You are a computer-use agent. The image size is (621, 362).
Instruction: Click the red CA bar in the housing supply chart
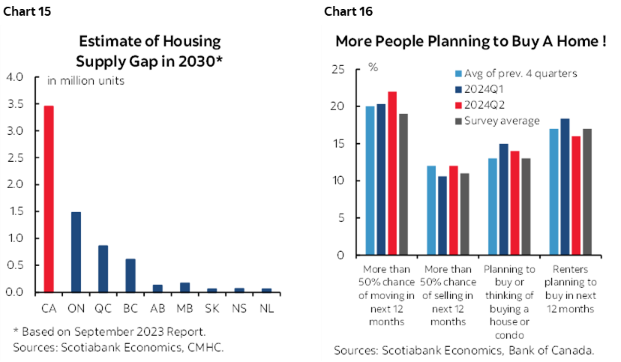(x=49, y=199)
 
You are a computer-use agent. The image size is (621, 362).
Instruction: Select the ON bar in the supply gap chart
(x=76, y=252)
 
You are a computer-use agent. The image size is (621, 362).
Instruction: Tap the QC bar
(x=103, y=268)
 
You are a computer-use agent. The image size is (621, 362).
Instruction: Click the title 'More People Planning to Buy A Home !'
(x=470, y=41)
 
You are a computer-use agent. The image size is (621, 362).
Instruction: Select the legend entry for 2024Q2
(x=484, y=105)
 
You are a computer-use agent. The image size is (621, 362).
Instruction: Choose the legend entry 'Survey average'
(x=501, y=121)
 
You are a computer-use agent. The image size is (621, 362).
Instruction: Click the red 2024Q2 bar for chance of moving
(x=391, y=173)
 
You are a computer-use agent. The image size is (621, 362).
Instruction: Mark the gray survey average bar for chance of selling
(x=463, y=214)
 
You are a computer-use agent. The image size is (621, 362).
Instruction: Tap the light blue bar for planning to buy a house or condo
(x=492, y=206)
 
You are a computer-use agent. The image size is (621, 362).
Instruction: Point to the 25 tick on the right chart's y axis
(x=339, y=70)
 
